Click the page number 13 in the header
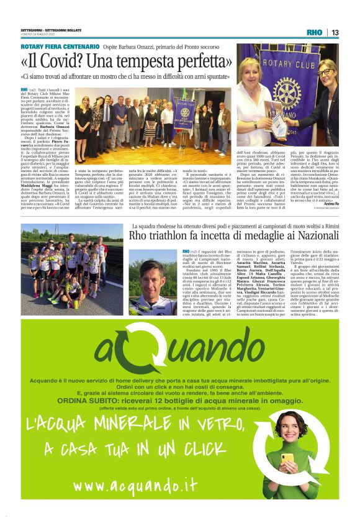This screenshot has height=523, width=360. [x=335, y=32]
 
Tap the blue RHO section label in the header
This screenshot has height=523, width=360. [x=315, y=32]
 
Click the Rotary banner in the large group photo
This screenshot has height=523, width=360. [x=184, y=112]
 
